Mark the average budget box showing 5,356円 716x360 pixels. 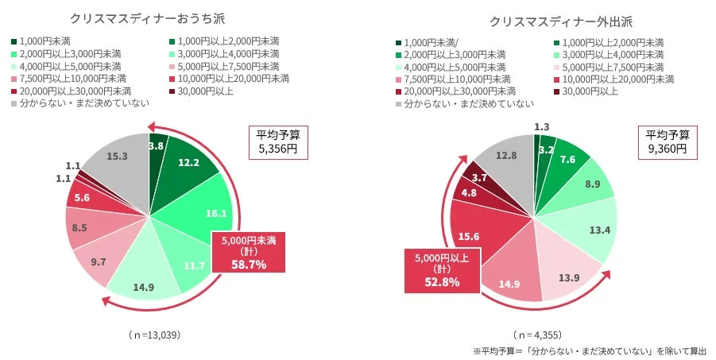[x=272, y=141]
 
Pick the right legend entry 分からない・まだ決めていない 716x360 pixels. [x=469, y=103]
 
